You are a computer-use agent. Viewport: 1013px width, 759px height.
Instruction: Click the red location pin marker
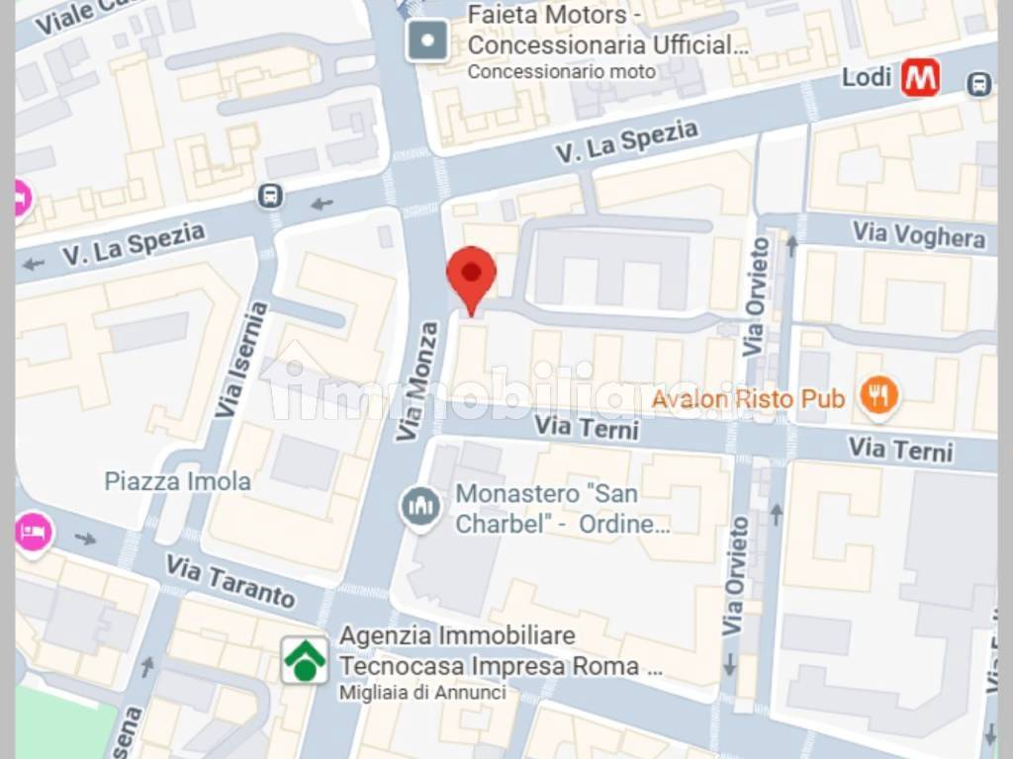coord(472,276)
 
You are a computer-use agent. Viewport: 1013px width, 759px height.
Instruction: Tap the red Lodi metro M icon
coord(920,78)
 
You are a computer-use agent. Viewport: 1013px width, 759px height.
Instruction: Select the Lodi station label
coord(867,77)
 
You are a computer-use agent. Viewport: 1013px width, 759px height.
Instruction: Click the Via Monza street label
coord(420,381)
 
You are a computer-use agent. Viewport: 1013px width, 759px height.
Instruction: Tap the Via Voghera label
coord(919,236)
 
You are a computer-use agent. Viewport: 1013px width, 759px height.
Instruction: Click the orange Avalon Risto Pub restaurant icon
coord(876,397)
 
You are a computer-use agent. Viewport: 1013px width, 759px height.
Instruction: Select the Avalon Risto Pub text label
coord(749,399)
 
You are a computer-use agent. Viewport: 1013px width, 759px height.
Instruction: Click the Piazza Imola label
coord(178,482)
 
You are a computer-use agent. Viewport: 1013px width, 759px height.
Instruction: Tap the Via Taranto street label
coord(230,581)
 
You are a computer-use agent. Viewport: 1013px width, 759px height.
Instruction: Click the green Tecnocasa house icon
coord(305,660)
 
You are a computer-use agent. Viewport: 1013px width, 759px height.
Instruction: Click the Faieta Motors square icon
coord(427,42)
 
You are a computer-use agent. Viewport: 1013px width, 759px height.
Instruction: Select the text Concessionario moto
coord(561,72)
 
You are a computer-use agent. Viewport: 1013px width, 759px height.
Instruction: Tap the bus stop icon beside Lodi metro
coord(979,84)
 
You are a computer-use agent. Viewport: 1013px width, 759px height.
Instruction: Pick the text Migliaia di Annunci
coord(422,693)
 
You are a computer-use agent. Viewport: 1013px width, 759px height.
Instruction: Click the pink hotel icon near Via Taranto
coord(33,532)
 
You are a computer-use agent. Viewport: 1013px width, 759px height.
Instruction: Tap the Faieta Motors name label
coord(607,31)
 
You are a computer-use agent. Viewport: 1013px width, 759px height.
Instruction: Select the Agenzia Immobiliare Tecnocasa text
coord(501,650)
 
